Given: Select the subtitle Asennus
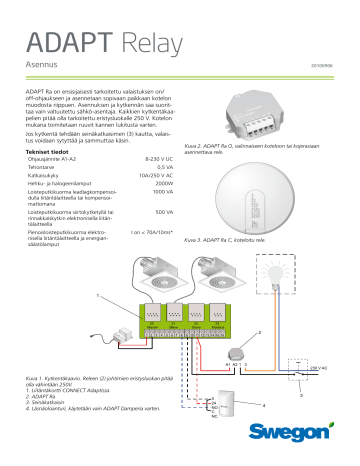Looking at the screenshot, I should click(x=41, y=64).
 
